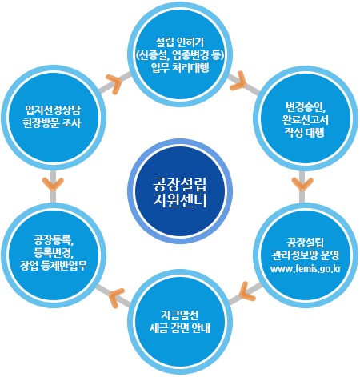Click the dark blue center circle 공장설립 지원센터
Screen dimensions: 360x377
click(180, 191)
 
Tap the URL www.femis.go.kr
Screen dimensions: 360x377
click(306, 268)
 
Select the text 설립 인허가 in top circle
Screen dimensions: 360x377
click(180, 42)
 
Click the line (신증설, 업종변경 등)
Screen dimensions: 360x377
click(180, 55)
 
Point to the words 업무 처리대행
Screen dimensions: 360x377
click(180, 68)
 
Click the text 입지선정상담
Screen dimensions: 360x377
click(53, 110)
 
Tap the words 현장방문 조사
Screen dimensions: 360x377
click(52, 123)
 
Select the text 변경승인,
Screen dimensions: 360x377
click(306, 107)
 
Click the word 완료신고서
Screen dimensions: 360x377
click(306, 120)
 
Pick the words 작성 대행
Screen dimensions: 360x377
click(305, 133)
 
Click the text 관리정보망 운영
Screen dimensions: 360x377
click(306, 255)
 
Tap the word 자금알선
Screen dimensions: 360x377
click(180, 315)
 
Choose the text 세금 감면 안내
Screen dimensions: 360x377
click(180, 328)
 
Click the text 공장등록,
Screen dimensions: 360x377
click(54, 239)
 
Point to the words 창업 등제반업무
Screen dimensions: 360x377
click(54, 266)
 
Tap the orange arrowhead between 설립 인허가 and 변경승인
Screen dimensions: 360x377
click(239, 81)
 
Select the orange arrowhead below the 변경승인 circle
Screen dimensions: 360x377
click(302, 184)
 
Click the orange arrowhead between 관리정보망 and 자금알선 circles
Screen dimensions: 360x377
click(246, 291)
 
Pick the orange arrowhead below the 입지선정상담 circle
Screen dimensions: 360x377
click(53, 184)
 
